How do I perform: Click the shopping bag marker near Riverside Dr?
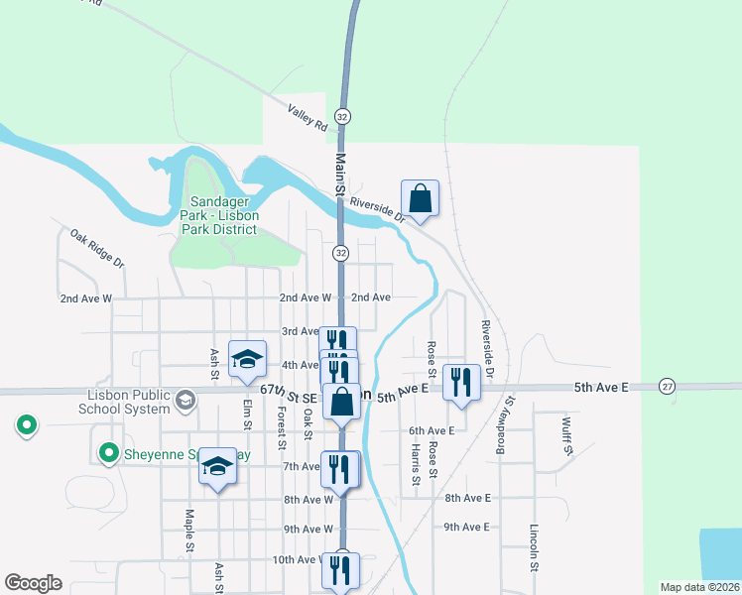421,198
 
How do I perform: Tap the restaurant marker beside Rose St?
462,382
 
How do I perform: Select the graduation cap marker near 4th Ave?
248,360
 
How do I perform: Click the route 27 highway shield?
666,386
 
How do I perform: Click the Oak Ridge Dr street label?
96,248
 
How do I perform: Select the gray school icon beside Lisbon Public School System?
185,400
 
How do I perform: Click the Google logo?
34,583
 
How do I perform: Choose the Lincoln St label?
534,545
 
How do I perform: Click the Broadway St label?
507,426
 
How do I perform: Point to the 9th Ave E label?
467,527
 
